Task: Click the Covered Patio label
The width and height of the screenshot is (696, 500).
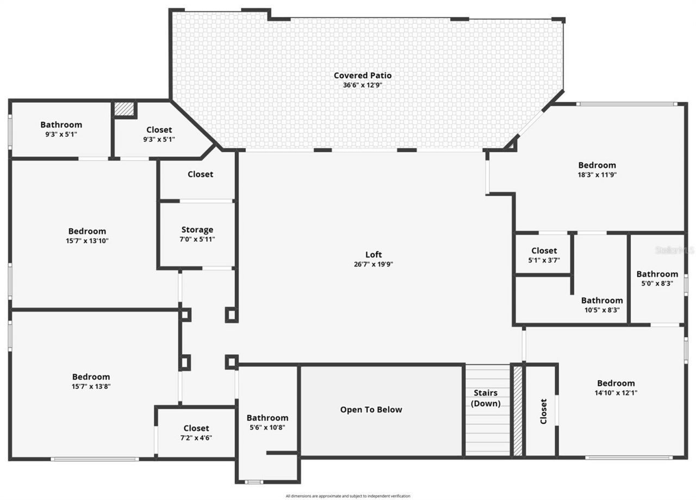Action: pyautogui.click(x=362, y=76)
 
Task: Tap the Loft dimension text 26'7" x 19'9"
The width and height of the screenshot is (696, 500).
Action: pyautogui.click(x=373, y=264)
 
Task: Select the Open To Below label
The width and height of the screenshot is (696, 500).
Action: pyautogui.click(x=371, y=410)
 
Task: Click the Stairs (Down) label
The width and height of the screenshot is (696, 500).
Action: pyautogui.click(x=485, y=398)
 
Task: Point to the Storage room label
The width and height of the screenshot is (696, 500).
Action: pyautogui.click(x=197, y=230)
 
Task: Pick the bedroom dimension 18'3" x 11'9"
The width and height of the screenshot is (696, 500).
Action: pyautogui.click(x=597, y=175)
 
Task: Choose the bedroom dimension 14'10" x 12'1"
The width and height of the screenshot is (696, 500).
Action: pyautogui.click(x=616, y=392)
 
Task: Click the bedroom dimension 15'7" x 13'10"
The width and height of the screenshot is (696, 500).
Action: pyautogui.click(x=87, y=240)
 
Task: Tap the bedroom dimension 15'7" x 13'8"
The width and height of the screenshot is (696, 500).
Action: pyautogui.click(x=91, y=386)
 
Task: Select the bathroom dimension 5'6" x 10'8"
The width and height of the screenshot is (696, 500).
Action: pyautogui.click(x=267, y=427)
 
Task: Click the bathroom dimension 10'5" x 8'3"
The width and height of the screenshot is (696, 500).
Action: pyautogui.click(x=601, y=310)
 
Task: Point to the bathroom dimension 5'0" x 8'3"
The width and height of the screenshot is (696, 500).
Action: pyautogui.click(x=657, y=283)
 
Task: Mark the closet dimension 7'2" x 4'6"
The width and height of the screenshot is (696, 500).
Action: pyautogui.click(x=196, y=437)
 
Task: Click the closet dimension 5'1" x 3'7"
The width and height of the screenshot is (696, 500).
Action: pyautogui.click(x=544, y=260)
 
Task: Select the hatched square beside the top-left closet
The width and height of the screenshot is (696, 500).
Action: pyautogui.click(x=124, y=109)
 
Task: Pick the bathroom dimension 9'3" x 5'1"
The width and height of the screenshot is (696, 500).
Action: pyautogui.click(x=61, y=134)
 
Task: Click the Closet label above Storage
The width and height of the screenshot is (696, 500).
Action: pyautogui.click(x=200, y=174)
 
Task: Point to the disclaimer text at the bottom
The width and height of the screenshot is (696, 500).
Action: pyautogui.click(x=348, y=496)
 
